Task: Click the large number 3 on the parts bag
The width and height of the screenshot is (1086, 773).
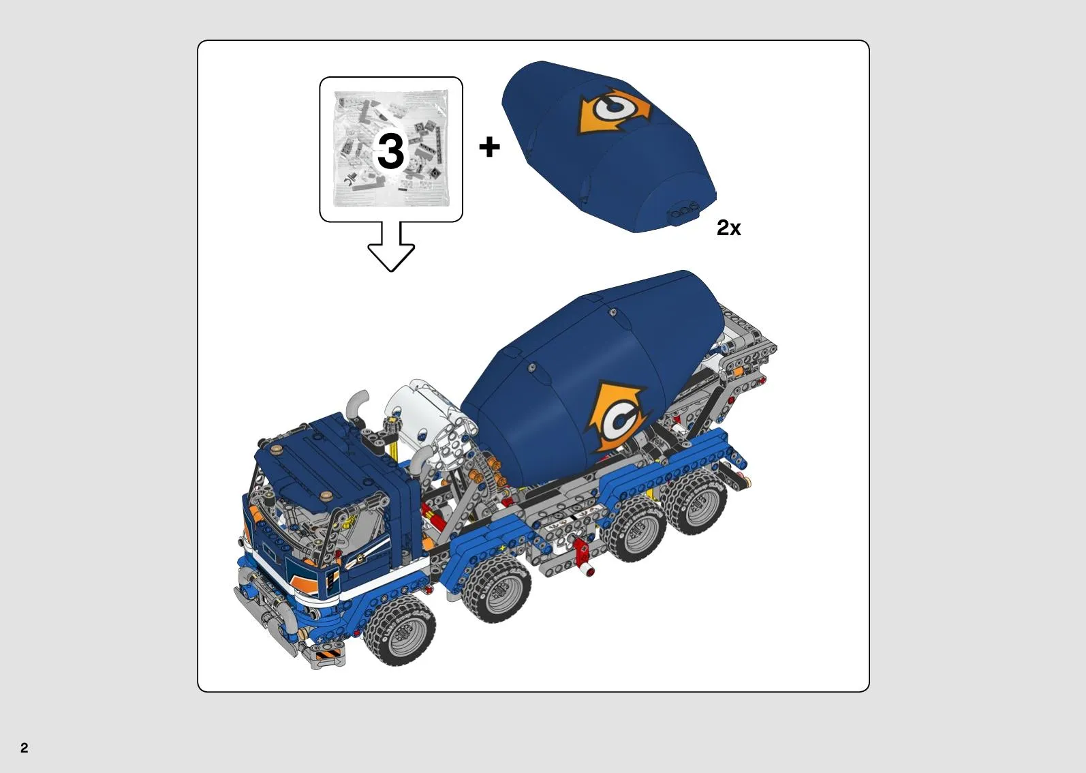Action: [391, 151]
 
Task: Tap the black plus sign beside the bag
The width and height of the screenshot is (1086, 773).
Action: [489, 147]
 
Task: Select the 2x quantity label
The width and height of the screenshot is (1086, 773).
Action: [729, 228]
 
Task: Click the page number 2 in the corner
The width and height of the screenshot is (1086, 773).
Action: [25, 747]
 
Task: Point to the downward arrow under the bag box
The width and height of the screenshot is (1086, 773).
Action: [391, 246]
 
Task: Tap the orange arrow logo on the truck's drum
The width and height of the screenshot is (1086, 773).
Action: [617, 416]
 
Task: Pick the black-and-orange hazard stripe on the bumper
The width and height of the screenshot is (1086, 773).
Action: [328, 655]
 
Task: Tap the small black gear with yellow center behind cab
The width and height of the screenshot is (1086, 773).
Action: [389, 425]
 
